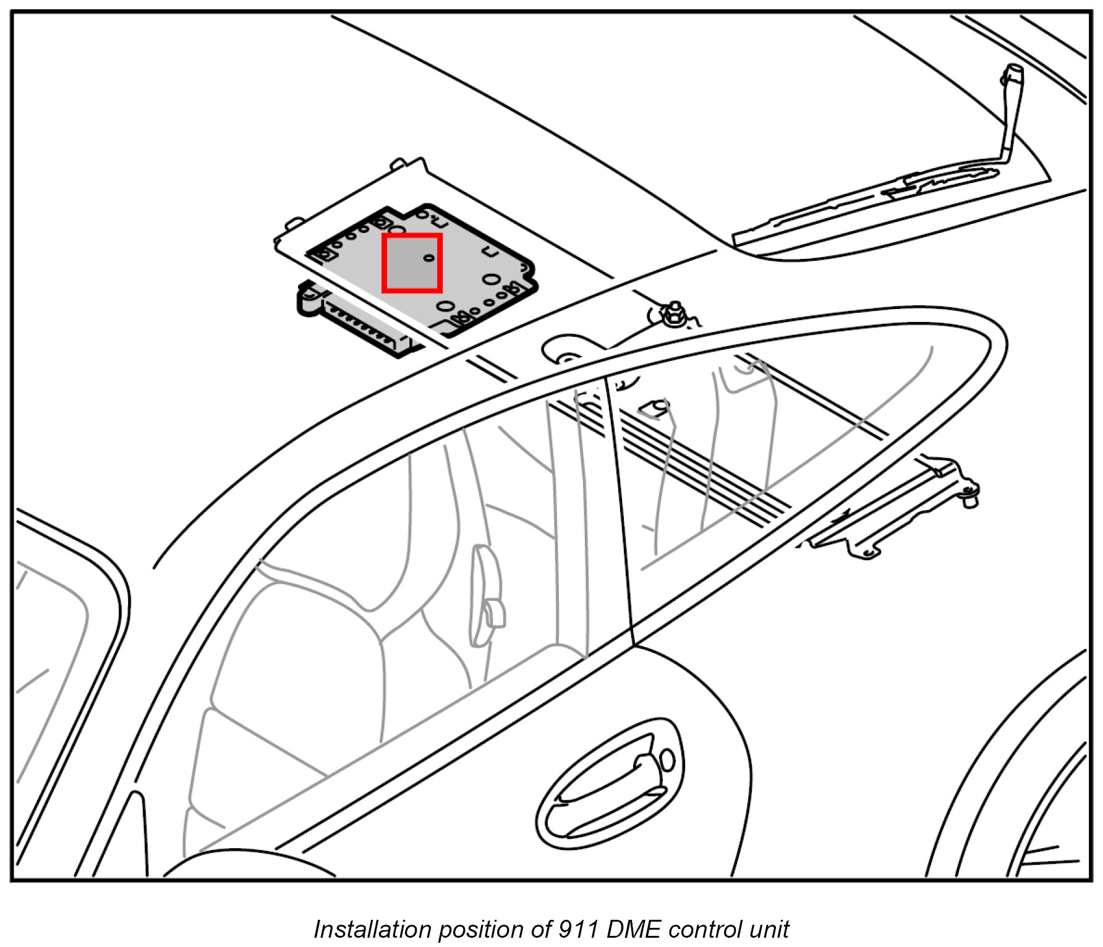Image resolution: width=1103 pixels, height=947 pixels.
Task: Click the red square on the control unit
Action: tap(412, 263)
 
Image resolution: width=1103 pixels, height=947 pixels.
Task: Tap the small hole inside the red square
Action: tap(429, 258)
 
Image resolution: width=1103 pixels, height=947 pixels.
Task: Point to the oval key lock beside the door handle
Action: tap(667, 760)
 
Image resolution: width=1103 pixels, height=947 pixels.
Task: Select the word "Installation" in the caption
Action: tap(372, 929)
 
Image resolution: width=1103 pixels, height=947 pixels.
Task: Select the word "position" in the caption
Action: tap(475, 929)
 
